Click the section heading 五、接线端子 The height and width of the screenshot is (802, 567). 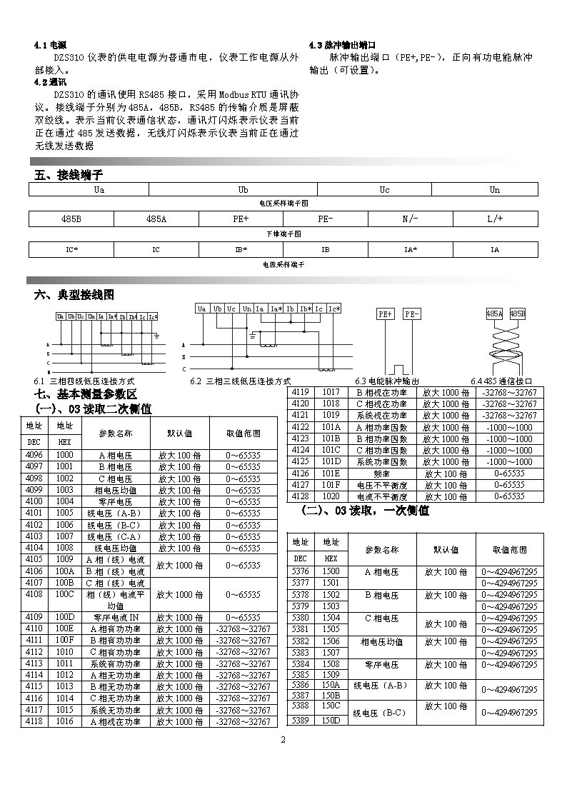pyautogui.click(x=69, y=175)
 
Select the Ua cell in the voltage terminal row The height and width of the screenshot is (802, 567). pyautogui.click(x=99, y=190)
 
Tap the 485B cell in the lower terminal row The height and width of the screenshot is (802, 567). pyautogui.click(x=71, y=219)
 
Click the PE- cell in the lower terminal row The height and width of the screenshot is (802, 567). pyautogui.click(x=325, y=219)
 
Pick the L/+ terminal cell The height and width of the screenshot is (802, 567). pyautogui.click(x=495, y=219)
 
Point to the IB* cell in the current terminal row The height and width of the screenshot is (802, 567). pyautogui.click(x=241, y=250)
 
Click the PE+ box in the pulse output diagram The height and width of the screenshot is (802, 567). pyautogui.click(x=386, y=314)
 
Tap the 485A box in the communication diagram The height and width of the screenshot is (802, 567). pyautogui.click(x=494, y=314)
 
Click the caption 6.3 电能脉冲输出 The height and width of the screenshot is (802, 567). pyautogui.click(x=386, y=381)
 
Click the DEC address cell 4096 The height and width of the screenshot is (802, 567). pyautogui.click(x=34, y=455)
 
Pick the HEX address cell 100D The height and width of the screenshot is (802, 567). pyautogui.click(x=64, y=617)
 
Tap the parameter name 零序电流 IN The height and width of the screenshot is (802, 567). pyautogui.click(x=116, y=617)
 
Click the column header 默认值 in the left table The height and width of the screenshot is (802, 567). pyautogui.click(x=179, y=433)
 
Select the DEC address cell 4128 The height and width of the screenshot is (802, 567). pyautogui.click(x=301, y=496)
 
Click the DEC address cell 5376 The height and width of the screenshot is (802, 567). pyautogui.click(x=301, y=572)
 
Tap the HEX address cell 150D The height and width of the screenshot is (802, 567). pyautogui.click(x=331, y=721)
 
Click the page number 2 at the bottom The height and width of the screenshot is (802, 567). pyautogui.click(x=283, y=739)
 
